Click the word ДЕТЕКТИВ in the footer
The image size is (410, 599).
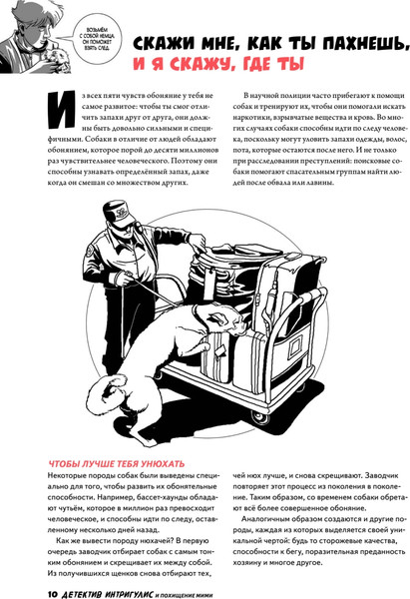[91, 590]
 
